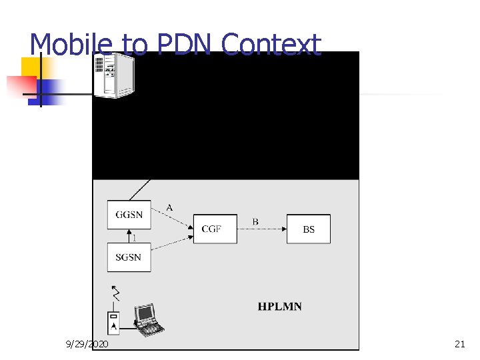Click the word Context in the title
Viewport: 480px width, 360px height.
271,45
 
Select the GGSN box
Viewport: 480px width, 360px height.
129,215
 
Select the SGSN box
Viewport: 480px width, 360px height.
129,257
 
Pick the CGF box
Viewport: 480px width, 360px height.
215,229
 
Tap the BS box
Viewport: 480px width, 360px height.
308,229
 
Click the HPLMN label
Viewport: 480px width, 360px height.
279,307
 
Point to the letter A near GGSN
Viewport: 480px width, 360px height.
169,207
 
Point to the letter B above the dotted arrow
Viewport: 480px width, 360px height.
255,221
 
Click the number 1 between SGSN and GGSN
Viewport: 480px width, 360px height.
135,237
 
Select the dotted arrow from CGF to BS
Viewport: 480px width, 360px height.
261,229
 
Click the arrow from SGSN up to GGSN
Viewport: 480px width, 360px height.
129,236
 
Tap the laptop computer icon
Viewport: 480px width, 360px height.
148,319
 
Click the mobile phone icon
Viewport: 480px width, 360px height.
114,323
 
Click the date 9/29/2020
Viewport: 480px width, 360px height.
87,344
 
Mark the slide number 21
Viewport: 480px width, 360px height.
459,344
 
